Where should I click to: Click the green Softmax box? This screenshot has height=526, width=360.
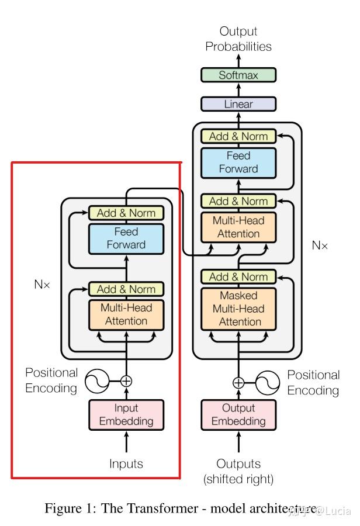click(x=238, y=75)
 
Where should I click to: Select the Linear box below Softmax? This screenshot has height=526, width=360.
click(x=238, y=104)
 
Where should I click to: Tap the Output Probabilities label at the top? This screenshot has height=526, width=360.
click(x=238, y=39)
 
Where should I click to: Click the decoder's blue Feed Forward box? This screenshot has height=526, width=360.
click(x=238, y=162)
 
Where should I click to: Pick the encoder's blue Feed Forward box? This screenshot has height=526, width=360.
click(x=126, y=238)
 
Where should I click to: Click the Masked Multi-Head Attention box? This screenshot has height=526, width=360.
click(x=238, y=309)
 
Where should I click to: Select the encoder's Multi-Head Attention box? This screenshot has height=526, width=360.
click(x=126, y=314)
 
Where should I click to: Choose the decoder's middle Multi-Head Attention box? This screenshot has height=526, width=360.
click(x=238, y=227)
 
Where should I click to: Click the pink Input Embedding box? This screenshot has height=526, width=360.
click(x=126, y=414)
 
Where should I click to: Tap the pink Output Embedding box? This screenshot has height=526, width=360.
click(x=238, y=414)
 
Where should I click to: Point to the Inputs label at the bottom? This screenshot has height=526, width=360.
click(x=126, y=464)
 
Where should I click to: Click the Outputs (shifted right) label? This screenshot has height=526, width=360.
click(x=238, y=471)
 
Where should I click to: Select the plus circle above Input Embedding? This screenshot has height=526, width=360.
click(x=126, y=381)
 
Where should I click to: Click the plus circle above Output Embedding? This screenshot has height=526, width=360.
click(x=238, y=383)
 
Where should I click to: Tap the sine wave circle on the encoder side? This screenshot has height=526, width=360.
click(x=96, y=381)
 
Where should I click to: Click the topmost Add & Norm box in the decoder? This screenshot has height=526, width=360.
click(x=238, y=136)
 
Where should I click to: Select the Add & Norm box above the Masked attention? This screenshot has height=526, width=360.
click(x=238, y=277)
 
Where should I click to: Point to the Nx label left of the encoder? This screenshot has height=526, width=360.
click(x=42, y=285)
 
